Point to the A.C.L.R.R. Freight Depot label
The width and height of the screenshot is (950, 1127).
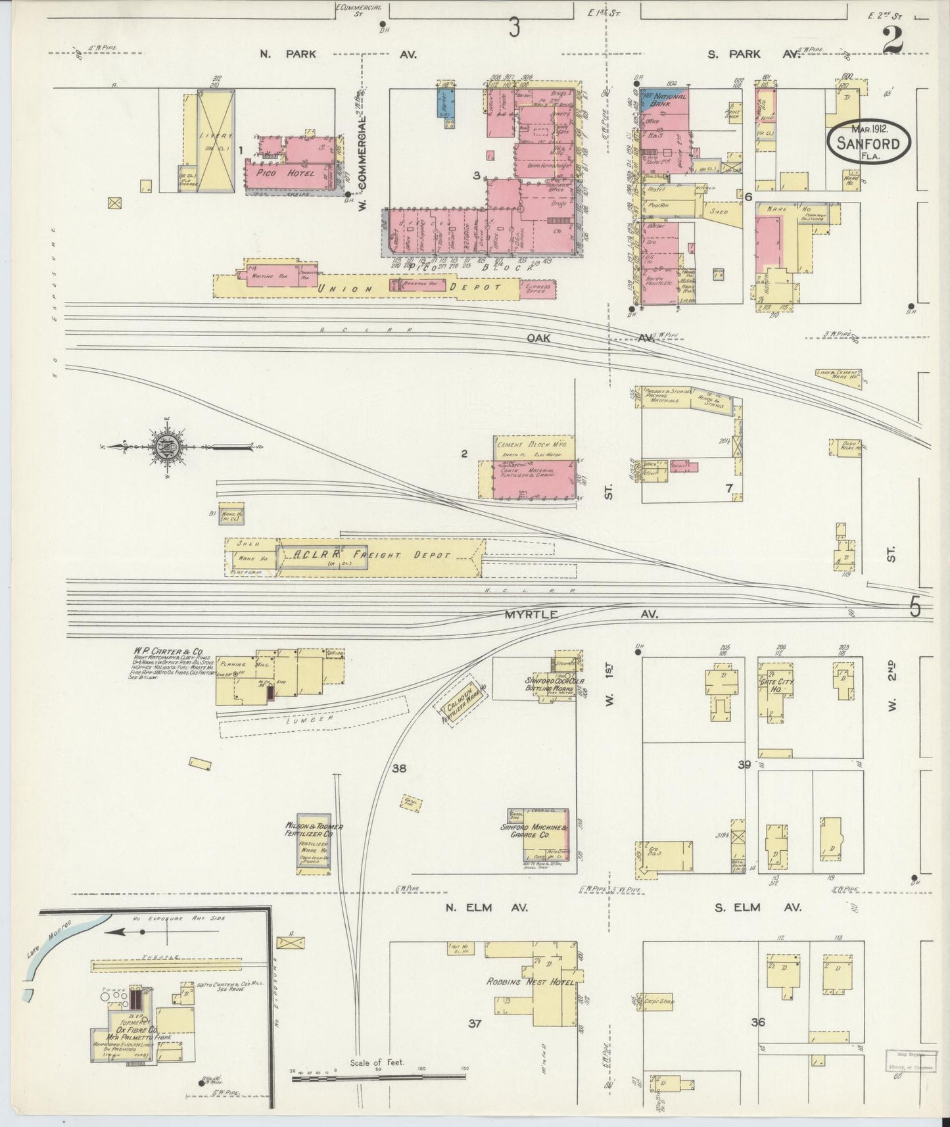pyautogui.click(x=364, y=556)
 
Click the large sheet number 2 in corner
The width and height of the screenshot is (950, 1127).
pyautogui.click(x=893, y=41)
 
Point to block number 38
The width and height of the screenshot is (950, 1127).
pyautogui.click(x=398, y=767)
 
